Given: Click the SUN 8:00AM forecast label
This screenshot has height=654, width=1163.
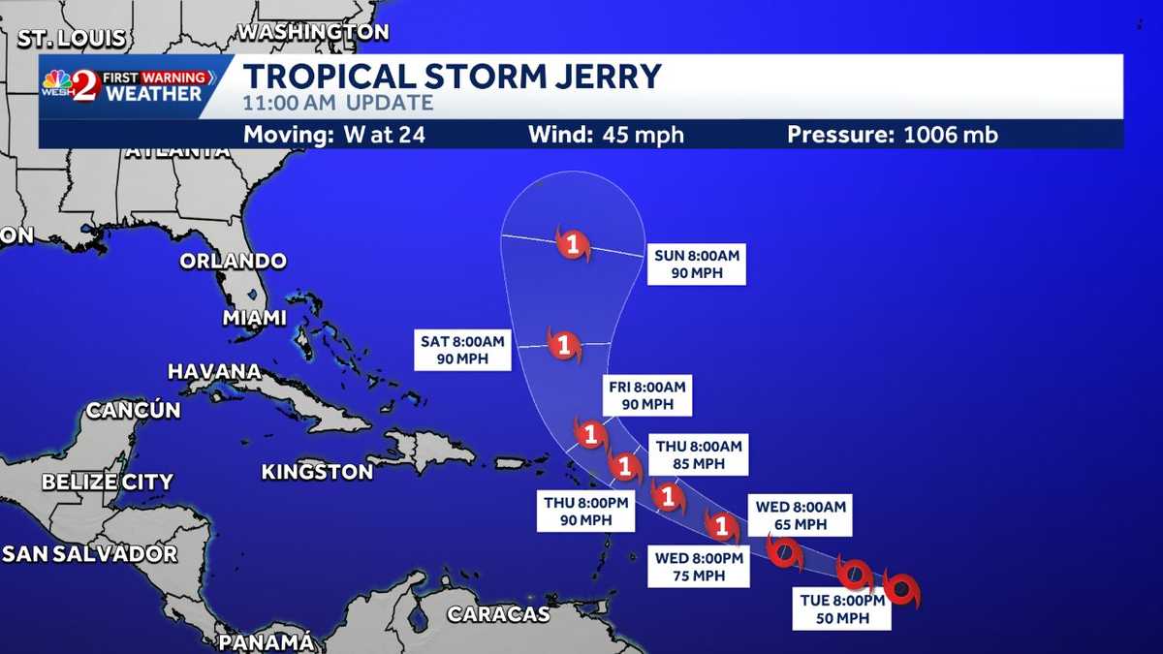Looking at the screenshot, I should coord(697,265).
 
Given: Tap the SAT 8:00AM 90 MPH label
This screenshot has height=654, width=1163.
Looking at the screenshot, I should coord(462,350).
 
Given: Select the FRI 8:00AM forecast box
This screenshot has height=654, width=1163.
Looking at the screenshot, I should coord(646,395).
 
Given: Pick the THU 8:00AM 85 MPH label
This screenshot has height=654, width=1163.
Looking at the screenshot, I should coord(698,454).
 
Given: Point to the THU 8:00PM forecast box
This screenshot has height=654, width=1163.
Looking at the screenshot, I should coord(586,512).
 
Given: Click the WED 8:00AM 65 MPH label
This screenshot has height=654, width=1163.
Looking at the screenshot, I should coord(801,515).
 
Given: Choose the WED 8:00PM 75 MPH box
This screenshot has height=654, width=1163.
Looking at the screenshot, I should coord(700,566).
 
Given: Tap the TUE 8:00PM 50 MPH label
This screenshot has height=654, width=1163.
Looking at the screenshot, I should coord(840,609).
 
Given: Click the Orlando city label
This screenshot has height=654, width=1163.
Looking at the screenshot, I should coord(233,262).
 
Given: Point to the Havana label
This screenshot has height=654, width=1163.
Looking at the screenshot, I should coord(214,372).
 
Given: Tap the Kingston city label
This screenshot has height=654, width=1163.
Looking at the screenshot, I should coord(317,473).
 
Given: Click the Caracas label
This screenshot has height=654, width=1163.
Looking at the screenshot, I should coord(498,614).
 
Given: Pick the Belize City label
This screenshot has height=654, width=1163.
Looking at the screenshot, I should coord(108,482).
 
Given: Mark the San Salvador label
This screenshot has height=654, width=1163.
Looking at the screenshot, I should coord(90,554).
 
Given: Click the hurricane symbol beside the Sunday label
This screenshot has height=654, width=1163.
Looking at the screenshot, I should coord(573,244).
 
